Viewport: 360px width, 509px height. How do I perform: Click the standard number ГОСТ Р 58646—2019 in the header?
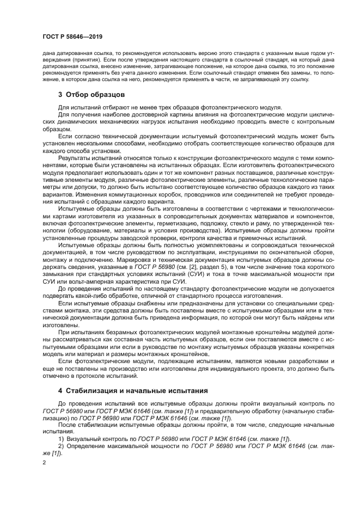72,36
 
